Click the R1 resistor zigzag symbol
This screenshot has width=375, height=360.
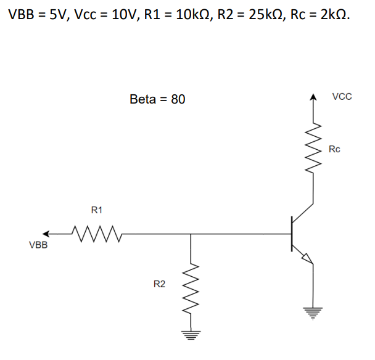click(x=97, y=234)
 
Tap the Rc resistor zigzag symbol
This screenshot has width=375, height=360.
click(x=314, y=150)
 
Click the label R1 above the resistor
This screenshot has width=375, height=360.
click(x=96, y=210)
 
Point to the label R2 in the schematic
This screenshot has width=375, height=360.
click(x=159, y=284)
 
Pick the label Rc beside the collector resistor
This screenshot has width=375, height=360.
click(x=334, y=149)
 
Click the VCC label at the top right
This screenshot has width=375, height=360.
click(x=342, y=97)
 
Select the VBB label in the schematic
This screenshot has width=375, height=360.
click(x=39, y=245)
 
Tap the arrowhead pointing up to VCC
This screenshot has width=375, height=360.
click(x=314, y=97)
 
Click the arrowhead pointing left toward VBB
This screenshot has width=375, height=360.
click(x=47, y=234)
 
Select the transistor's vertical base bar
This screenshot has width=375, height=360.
click(x=292, y=234)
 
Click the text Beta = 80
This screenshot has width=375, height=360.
click(x=157, y=99)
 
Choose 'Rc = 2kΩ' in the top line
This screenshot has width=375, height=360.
click(x=319, y=15)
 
